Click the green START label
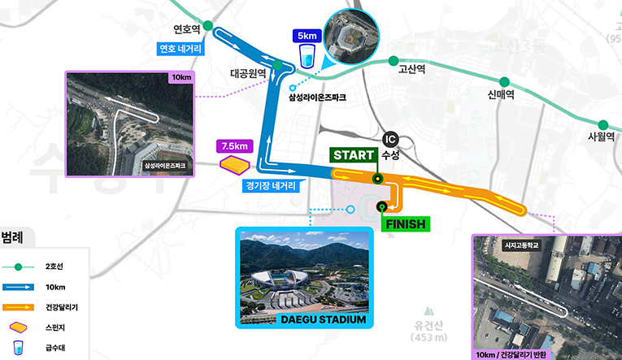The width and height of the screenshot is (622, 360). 353,154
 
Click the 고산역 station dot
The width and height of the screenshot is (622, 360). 394,61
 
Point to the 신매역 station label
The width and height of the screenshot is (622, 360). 503,95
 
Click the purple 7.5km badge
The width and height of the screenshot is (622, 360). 234,146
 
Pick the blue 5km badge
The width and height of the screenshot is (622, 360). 307,36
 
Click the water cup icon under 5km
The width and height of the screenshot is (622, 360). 307,57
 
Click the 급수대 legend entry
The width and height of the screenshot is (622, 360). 55,348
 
